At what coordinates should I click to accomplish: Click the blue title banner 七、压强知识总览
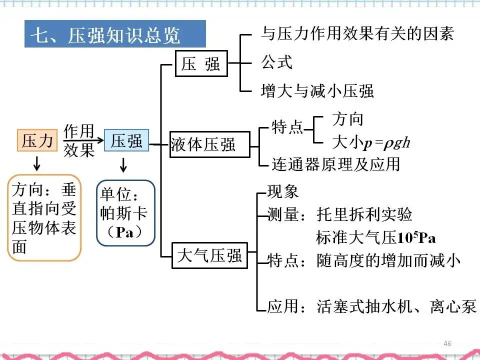pyautogui.click(x=115, y=34)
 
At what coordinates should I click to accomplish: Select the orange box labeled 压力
pyautogui.click(x=37, y=140)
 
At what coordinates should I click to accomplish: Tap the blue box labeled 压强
pyautogui.click(x=126, y=140)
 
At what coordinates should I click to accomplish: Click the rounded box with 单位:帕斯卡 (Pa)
pyautogui.click(x=125, y=213)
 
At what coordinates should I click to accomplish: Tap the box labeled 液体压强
pyautogui.click(x=209, y=144)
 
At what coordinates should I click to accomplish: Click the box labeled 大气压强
pyautogui.click(x=209, y=255)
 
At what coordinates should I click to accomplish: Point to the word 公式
pyautogui.click(x=276, y=62)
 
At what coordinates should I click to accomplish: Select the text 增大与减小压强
pyautogui.click(x=317, y=90)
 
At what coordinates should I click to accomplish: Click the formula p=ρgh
pyautogui.click(x=387, y=143)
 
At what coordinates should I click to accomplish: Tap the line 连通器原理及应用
pyautogui.click(x=335, y=163)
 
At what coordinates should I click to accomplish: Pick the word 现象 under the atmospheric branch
pyautogui.click(x=283, y=191)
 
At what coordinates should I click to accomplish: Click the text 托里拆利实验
pyautogui.click(x=364, y=214)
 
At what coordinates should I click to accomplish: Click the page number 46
pyautogui.click(x=447, y=343)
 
